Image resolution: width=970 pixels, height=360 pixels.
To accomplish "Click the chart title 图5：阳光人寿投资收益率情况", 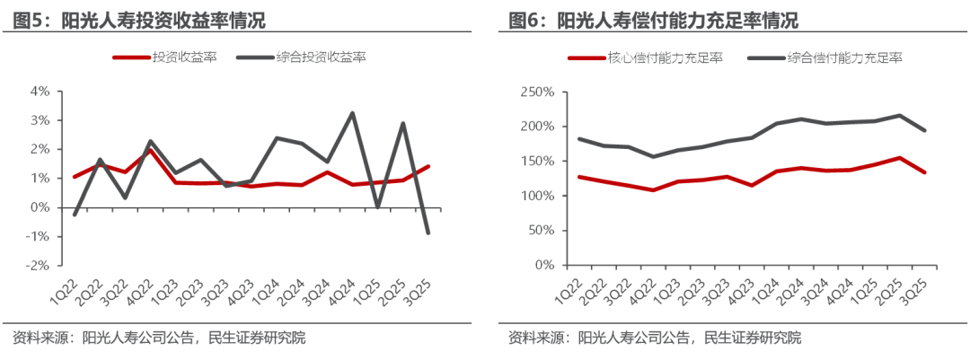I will click(140, 20).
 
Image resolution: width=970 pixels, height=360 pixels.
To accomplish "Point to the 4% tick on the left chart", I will click(40, 92).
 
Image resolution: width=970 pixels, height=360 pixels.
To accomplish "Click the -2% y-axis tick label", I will click(38, 266).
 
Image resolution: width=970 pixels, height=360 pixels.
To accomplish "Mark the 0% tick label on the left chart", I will click(40, 207).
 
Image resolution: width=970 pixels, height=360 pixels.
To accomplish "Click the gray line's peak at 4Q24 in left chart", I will click(351, 113).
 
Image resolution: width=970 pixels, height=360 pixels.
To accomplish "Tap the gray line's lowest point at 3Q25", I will click(428, 233).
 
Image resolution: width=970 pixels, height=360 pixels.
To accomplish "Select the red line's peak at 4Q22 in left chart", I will click(151, 151).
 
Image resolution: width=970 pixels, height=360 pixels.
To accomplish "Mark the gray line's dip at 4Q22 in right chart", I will click(654, 156).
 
